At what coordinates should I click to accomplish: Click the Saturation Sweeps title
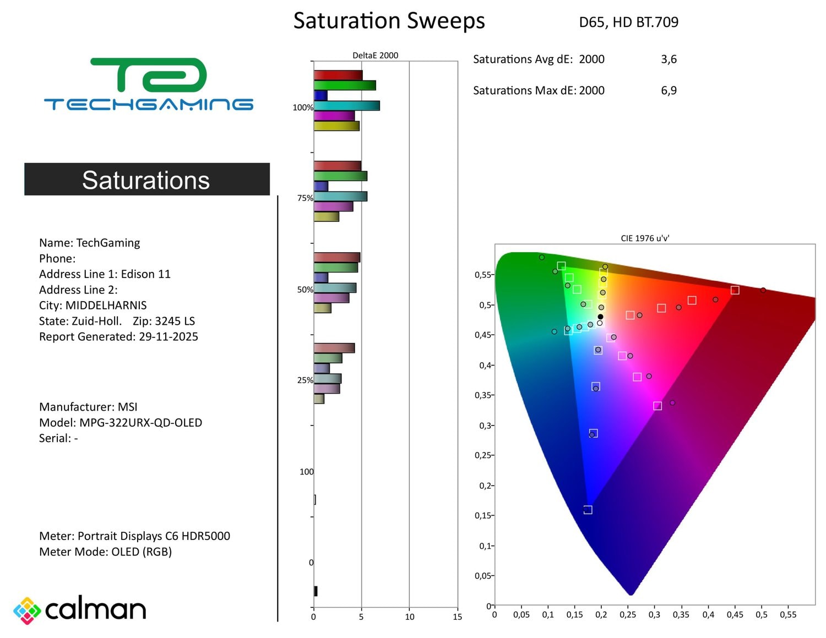389,21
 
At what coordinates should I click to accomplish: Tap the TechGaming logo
149,84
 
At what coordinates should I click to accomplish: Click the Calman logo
80,610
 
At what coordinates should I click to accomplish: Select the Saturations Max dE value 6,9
669,90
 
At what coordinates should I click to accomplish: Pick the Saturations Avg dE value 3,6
669,59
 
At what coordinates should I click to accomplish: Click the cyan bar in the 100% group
346,106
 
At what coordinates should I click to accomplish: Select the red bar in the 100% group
338,75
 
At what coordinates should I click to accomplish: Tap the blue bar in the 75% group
321,186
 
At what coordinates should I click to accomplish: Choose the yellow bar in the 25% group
319,399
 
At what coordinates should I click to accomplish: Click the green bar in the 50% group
336,268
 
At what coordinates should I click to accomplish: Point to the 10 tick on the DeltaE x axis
410,617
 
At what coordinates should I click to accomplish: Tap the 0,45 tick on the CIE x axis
735,614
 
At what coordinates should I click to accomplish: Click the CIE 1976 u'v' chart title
645,238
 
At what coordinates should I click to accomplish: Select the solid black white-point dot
600,317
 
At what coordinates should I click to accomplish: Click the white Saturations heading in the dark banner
146,180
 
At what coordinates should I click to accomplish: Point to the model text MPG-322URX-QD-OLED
140,423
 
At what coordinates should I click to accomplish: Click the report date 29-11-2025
169,337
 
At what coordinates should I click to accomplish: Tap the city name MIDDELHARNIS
106,306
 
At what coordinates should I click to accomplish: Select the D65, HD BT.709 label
628,23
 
